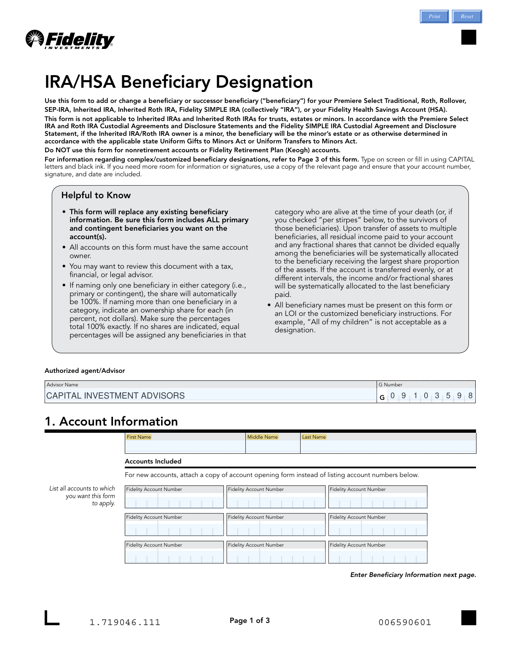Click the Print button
[434, 16]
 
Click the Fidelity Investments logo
[70, 40]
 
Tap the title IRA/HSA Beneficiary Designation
[179, 82]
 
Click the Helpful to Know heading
[96, 195]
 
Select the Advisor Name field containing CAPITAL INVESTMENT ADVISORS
[210, 396]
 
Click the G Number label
[390, 385]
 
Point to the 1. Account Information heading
[111, 421]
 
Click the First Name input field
[185, 446]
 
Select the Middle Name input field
[273, 446]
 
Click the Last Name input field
[388, 446]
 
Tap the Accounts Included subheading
[153, 461]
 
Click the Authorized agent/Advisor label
[85, 371]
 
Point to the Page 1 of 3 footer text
[250, 620]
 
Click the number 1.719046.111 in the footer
[125, 623]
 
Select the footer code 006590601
[405, 623]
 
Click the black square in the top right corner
[468, 37]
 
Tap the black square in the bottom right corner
[468, 618]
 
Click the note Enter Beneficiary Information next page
[413, 575]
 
